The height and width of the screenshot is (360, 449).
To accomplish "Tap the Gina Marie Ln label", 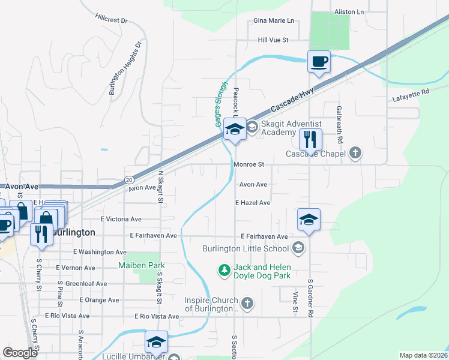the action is coord(274,20).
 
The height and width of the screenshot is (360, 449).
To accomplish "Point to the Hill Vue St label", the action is coord(273,40).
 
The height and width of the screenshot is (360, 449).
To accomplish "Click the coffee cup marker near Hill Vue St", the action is coord(319,61).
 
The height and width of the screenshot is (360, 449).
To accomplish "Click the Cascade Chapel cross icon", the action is coord(355,153).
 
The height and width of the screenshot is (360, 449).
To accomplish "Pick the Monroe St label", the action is coord(249,164).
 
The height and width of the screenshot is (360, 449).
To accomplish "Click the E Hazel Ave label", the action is coord(253,203).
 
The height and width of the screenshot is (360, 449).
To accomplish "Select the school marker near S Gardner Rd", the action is coord(309,219).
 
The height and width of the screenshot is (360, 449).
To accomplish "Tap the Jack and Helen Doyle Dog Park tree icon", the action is coord(224,271).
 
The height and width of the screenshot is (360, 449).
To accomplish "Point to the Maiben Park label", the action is coord(141,265).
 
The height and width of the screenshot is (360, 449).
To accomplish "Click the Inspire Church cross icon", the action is coord(247,304).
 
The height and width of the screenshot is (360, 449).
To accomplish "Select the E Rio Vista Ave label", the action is coord(157,316).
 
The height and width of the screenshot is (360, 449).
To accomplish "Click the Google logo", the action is coord(20,353).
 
